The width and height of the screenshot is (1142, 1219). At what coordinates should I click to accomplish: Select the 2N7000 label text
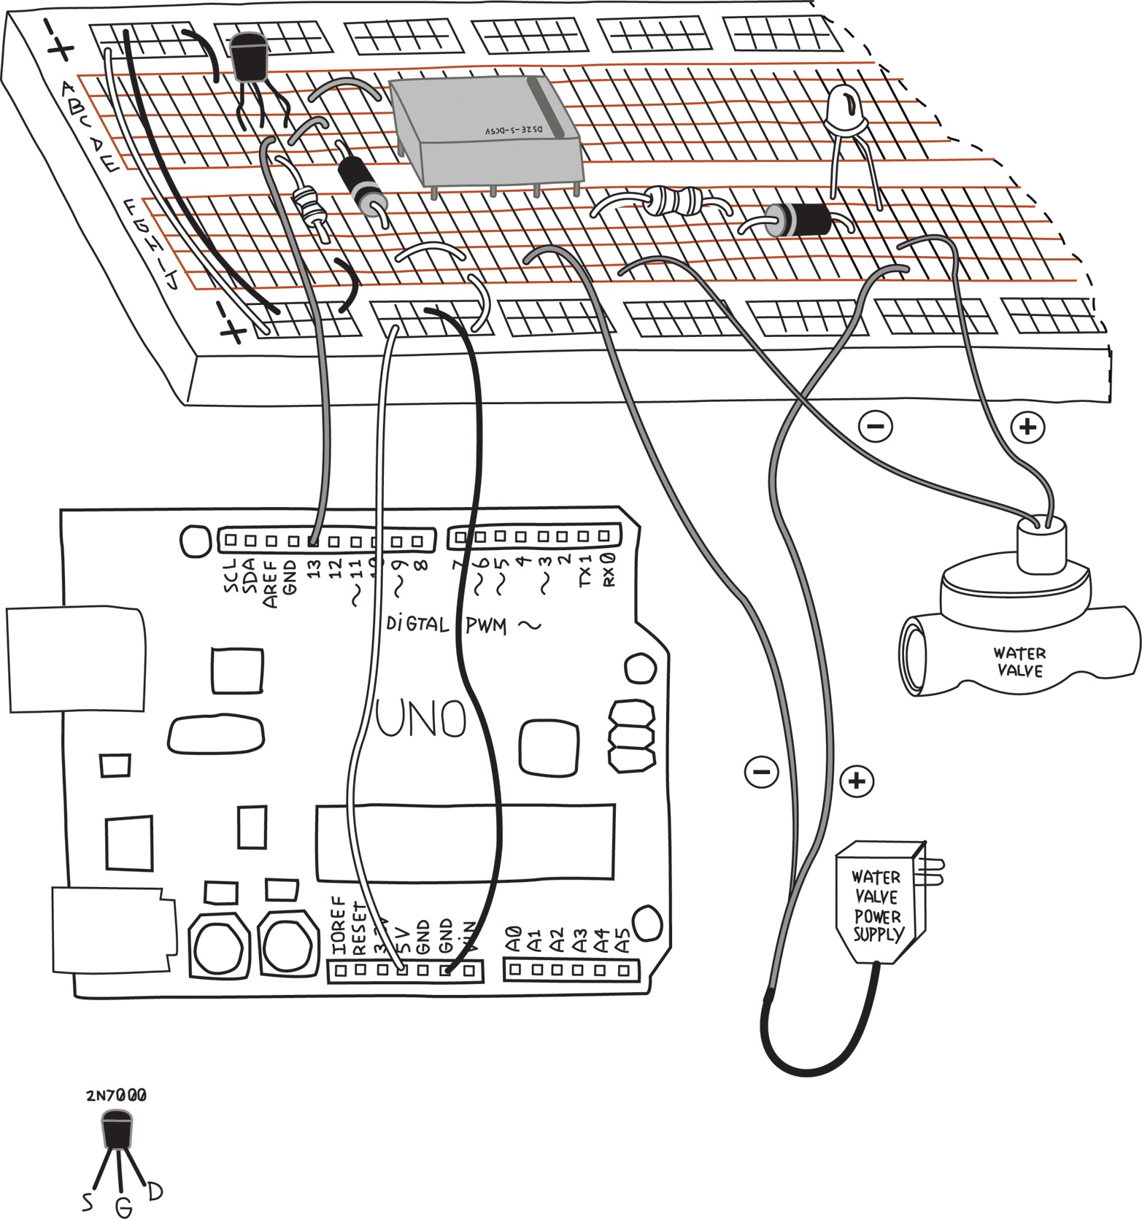(116, 1095)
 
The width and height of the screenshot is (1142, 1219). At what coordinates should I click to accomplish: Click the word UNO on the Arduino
(422, 719)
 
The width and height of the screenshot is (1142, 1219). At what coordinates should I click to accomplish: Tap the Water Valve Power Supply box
(879, 905)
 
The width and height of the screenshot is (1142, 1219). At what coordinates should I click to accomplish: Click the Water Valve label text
(1019, 662)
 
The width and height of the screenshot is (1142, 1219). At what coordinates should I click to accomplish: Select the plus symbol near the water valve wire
(1028, 427)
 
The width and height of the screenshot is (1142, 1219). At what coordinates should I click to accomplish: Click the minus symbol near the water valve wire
(876, 426)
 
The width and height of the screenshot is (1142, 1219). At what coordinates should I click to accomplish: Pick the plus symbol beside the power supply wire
(857, 781)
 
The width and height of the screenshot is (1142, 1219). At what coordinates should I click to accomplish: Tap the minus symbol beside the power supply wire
(761, 772)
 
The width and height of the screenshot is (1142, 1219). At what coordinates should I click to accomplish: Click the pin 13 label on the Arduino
(314, 569)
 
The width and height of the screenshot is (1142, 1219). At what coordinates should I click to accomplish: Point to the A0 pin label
(514, 940)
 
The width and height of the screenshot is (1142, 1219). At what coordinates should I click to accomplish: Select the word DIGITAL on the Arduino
(417, 624)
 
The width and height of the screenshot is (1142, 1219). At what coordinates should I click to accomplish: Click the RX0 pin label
(608, 570)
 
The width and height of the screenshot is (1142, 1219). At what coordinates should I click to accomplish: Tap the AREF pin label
(270, 584)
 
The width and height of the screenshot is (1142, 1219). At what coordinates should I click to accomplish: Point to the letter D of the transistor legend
(155, 1191)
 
